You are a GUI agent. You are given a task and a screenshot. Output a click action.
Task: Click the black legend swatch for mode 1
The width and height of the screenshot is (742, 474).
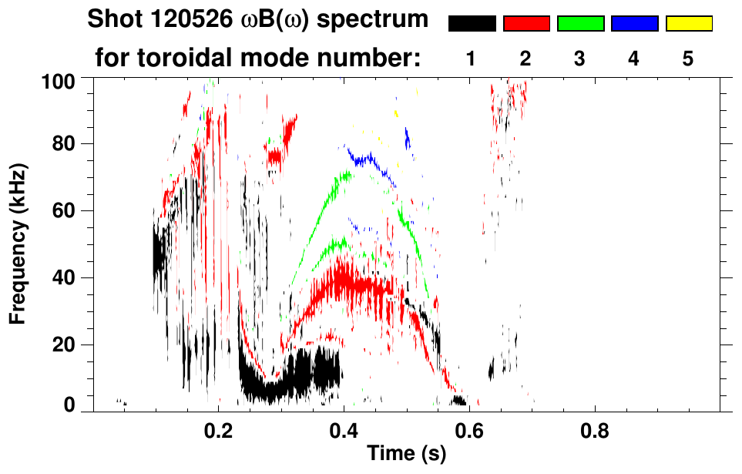(472, 24)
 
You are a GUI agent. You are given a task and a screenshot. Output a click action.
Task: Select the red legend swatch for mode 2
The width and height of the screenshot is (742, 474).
(526, 24)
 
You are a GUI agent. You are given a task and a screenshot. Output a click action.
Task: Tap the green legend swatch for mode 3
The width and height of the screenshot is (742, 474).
(580, 24)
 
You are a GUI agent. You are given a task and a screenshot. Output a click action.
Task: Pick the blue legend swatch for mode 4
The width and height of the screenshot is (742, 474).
(634, 24)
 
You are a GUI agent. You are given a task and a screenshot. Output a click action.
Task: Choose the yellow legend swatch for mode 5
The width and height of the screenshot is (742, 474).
(689, 24)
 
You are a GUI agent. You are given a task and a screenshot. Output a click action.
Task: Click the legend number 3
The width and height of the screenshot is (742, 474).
(580, 59)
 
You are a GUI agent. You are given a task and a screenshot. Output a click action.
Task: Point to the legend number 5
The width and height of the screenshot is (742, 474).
(689, 59)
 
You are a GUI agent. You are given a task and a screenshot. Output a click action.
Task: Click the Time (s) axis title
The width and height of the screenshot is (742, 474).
(405, 455)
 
